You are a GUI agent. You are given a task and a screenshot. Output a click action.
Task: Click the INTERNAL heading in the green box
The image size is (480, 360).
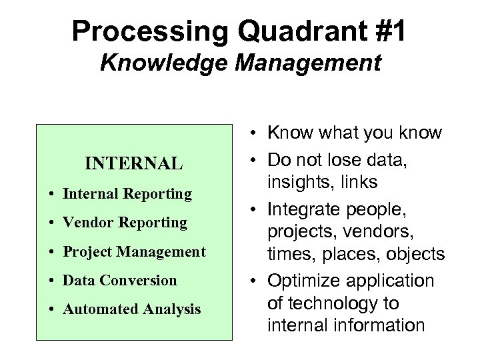(133, 163)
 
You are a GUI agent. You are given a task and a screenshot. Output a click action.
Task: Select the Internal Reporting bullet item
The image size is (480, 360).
(127, 194)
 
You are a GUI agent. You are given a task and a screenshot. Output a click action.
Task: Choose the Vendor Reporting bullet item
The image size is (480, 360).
(125, 223)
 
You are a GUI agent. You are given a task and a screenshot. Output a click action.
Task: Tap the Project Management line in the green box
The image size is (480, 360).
(134, 251)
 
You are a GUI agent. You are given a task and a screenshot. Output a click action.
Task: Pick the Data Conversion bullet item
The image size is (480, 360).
(120, 280)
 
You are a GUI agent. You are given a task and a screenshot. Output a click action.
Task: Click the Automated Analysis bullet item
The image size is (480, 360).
(131, 309)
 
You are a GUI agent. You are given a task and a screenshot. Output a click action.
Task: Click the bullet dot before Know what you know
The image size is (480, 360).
(256, 133)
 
